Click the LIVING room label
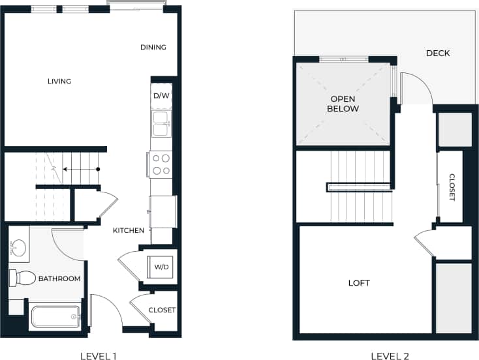[x=59, y=82]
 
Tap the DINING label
[x=153, y=47]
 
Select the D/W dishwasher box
[x=161, y=95]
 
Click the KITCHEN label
[x=129, y=231]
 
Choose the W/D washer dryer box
[x=161, y=267]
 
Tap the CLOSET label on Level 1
[x=162, y=310]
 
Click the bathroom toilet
[x=22, y=278]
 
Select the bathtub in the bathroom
[x=55, y=318]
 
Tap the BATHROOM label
[x=59, y=278]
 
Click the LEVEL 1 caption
[x=98, y=355]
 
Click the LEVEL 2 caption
[x=390, y=355]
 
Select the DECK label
[x=437, y=53]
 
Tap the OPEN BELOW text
[x=343, y=104]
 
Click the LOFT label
[x=359, y=283]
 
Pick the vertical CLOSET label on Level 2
[x=452, y=187]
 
